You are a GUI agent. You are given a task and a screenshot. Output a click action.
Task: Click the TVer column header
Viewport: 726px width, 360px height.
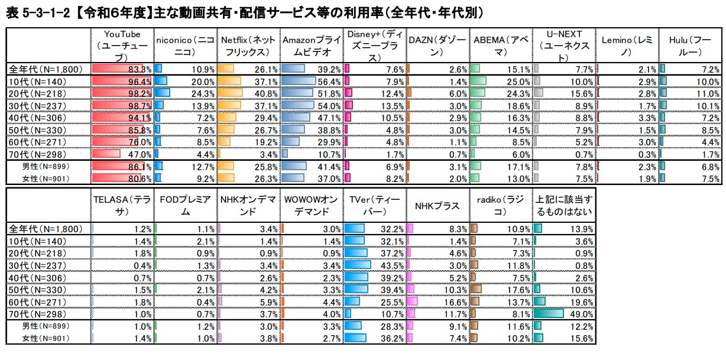(373, 206)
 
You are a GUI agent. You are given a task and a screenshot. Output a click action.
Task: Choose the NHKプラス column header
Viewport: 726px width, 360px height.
(437, 206)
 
